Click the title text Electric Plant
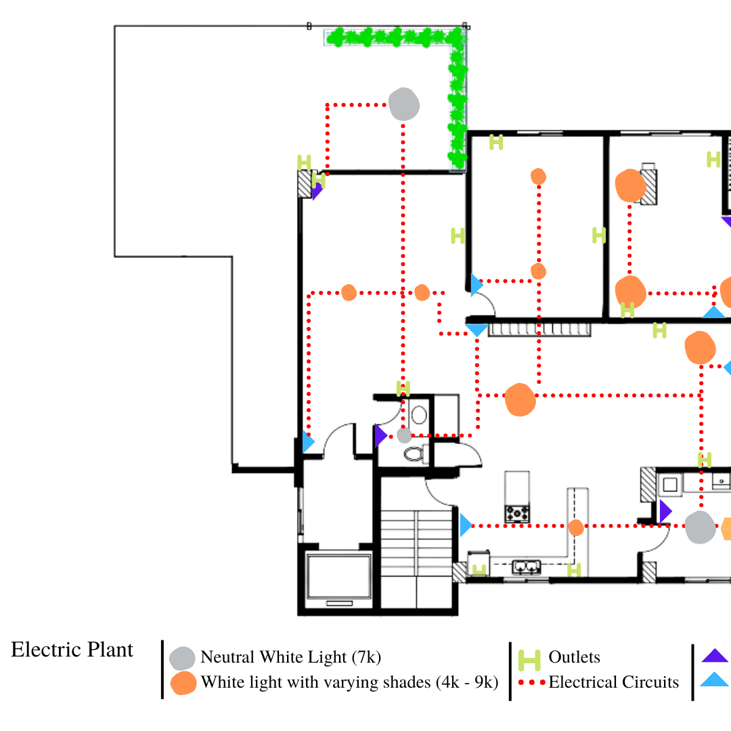click(72, 650)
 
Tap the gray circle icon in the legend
click(182, 658)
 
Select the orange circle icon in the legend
click(183, 683)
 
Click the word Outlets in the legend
click(574, 657)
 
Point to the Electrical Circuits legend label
click(613, 682)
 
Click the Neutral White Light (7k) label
click(291, 657)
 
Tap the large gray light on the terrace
click(404, 104)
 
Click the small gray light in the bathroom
click(404, 436)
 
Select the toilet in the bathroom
click(413, 453)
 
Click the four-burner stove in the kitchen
click(518, 513)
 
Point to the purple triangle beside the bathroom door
click(380, 436)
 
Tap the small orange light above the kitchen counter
click(576, 527)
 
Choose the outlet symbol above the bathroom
click(403, 389)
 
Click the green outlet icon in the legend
click(529, 659)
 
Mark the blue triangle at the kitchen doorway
click(465, 525)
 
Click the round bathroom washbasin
click(420, 414)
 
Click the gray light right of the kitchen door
click(699, 527)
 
